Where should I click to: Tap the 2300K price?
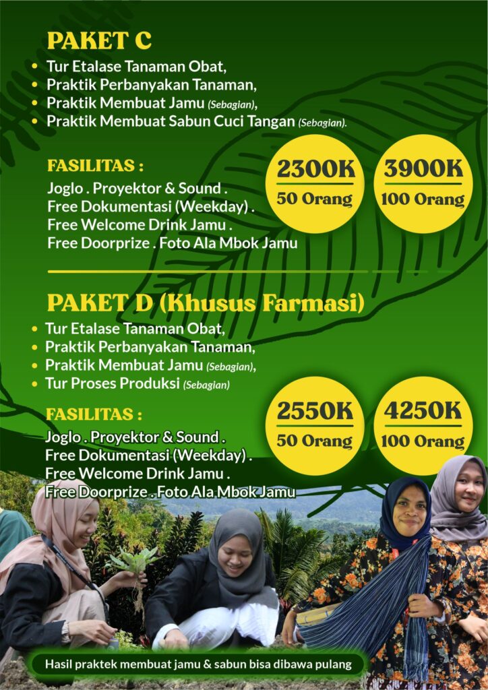[315, 169]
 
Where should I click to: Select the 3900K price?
[423, 169]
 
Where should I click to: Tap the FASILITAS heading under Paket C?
[95, 165]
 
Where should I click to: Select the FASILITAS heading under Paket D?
[94, 413]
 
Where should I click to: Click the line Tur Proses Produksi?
[112, 384]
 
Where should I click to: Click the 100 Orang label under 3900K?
[423, 199]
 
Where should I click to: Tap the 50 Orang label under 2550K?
[314, 441]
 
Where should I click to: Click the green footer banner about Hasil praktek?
[198, 664]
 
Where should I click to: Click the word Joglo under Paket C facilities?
[65, 188]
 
